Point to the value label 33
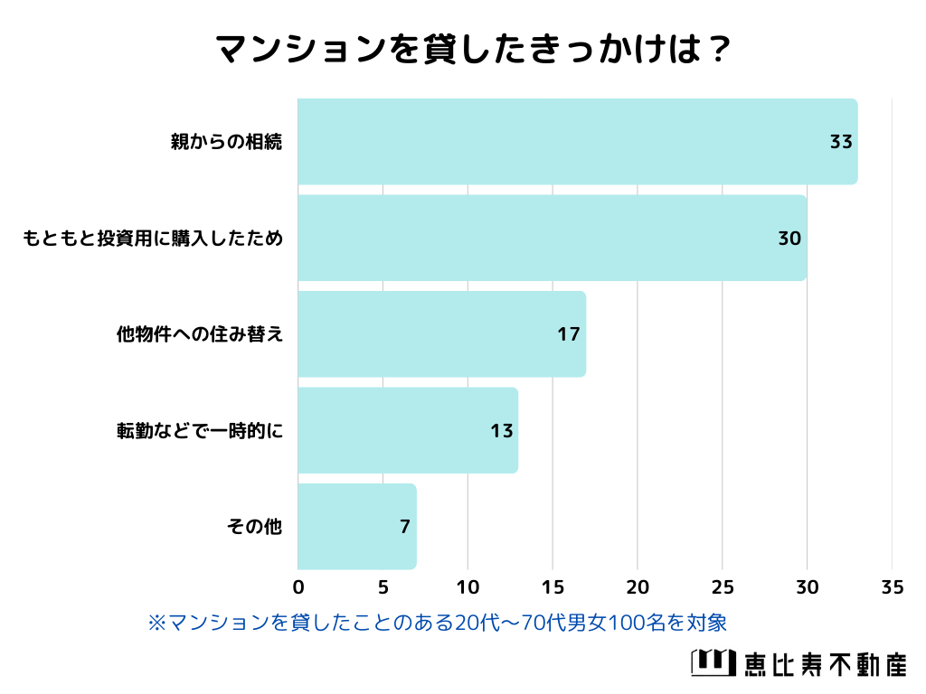(x=841, y=142)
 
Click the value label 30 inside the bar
(x=789, y=239)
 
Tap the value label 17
(x=568, y=334)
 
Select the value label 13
(x=501, y=431)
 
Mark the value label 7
(x=405, y=527)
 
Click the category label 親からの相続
(x=227, y=142)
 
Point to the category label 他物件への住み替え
(x=200, y=334)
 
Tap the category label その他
(x=254, y=527)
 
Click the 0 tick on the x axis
(x=298, y=587)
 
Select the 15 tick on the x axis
(x=553, y=587)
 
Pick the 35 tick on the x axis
(x=892, y=587)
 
